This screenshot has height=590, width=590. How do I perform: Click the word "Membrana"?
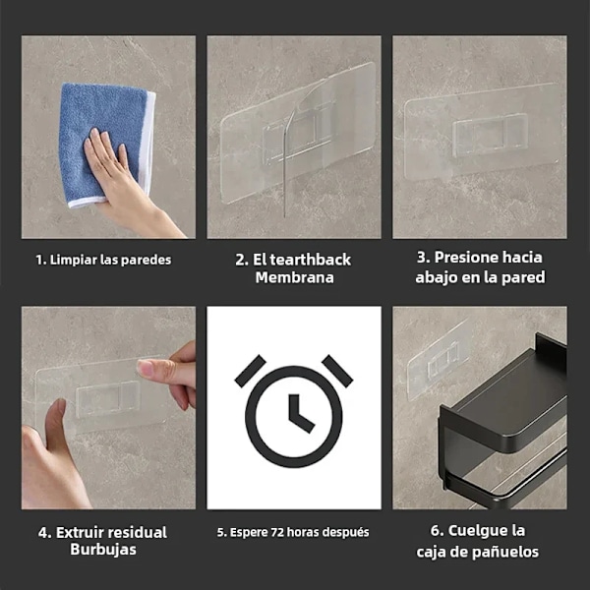point(295,277)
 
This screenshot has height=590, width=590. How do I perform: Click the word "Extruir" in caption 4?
point(80,532)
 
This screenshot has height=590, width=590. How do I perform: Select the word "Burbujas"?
point(103,550)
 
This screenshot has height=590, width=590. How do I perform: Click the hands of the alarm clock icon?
point(298,412)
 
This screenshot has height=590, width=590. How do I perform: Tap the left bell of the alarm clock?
point(250,371)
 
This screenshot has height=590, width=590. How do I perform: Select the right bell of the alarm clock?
point(337,371)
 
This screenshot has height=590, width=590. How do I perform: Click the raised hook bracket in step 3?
point(490,134)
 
